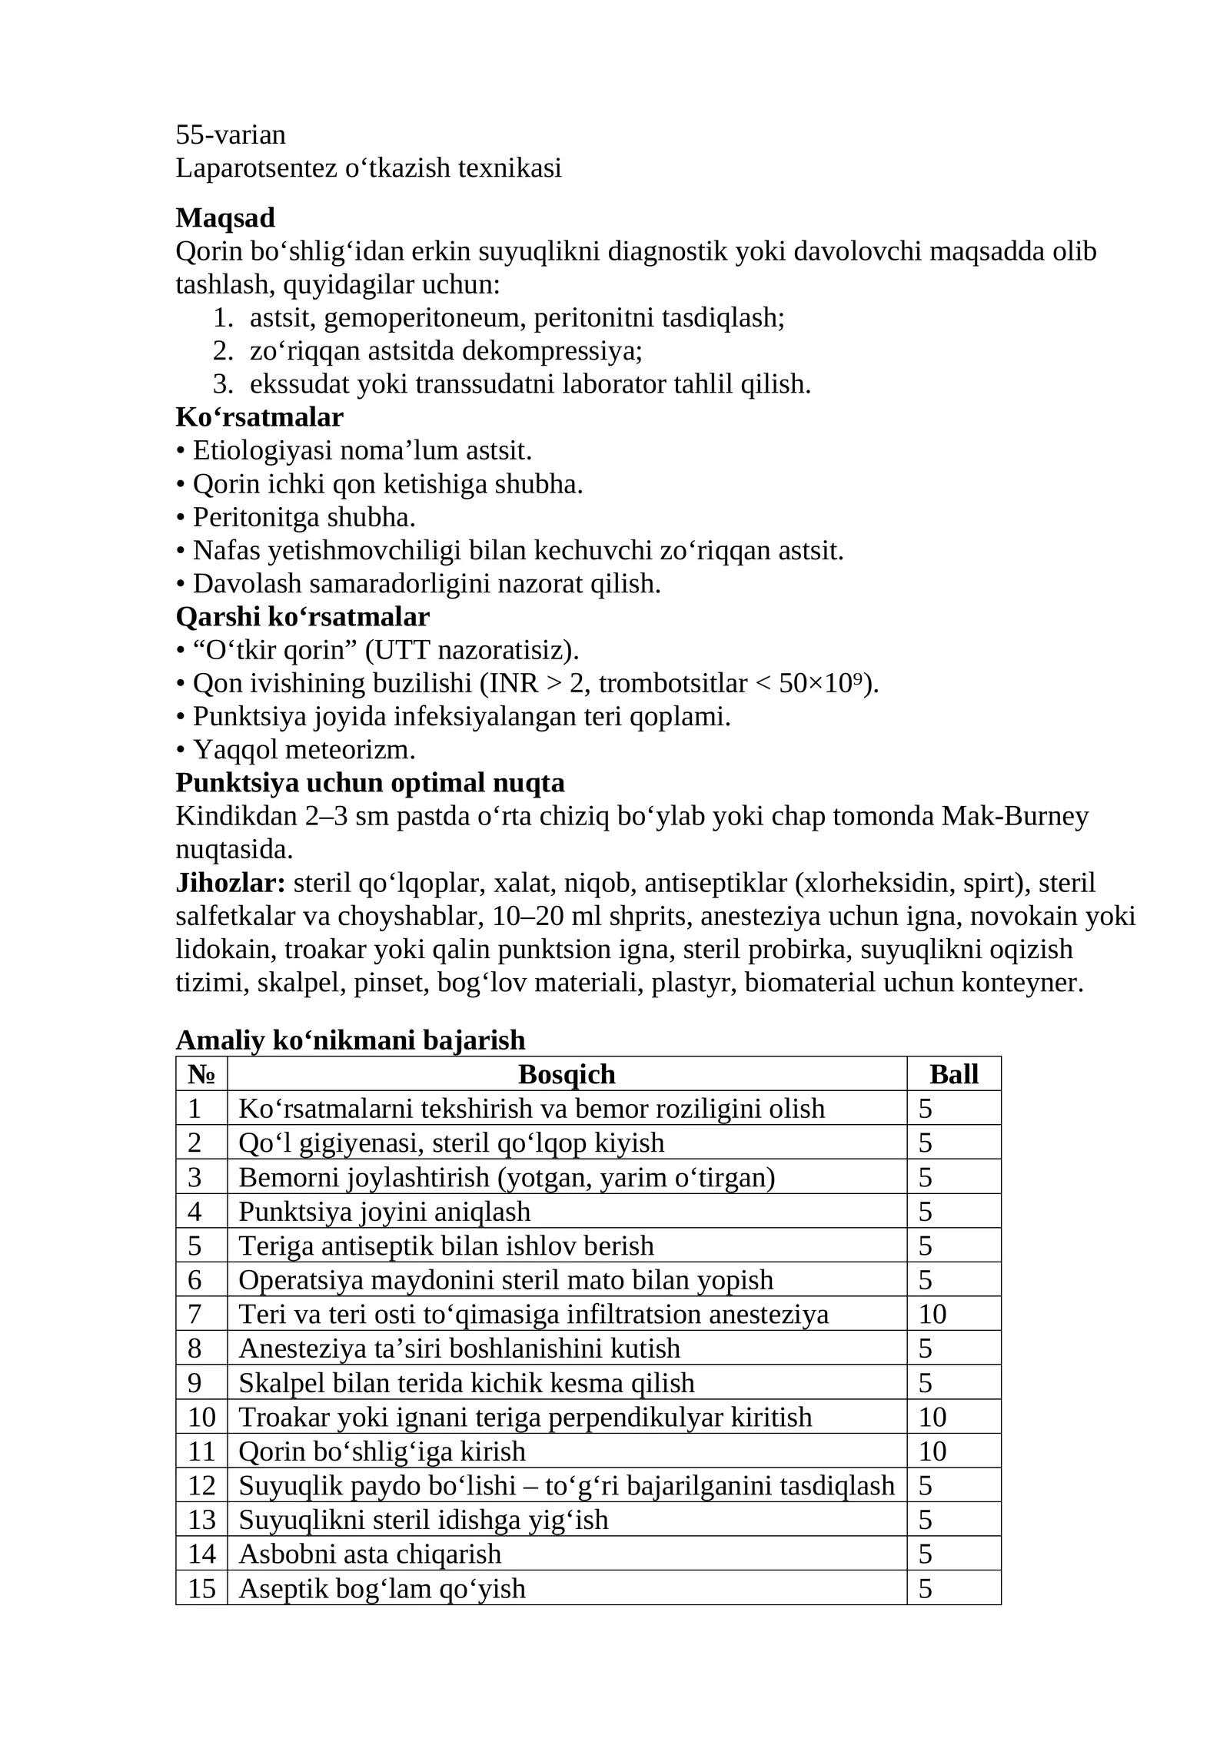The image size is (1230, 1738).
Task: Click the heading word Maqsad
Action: click(x=224, y=218)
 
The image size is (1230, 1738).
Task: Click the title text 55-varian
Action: click(x=231, y=134)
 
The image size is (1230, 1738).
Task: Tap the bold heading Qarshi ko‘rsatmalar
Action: click(x=302, y=616)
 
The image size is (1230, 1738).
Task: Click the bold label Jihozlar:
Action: click(x=230, y=883)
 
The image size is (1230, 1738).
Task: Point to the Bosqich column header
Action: click(x=567, y=1074)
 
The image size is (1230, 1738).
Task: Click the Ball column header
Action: click(x=953, y=1074)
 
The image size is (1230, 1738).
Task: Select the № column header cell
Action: click(x=201, y=1074)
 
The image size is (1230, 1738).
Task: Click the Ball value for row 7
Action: click(x=932, y=1314)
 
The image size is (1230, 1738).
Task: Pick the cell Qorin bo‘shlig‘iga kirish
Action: click(x=382, y=1451)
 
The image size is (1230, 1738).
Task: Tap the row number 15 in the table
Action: click(x=201, y=1588)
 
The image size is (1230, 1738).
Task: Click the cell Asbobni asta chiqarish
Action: click(x=370, y=1554)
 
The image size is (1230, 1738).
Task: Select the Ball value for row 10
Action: click(x=932, y=1417)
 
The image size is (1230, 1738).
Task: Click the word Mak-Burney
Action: click(x=1015, y=816)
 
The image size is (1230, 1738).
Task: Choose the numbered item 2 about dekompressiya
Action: click(x=446, y=351)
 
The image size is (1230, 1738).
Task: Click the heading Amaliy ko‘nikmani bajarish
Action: click(x=351, y=1040)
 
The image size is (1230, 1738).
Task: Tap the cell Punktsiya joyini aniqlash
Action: click(x=384, y=1212)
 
